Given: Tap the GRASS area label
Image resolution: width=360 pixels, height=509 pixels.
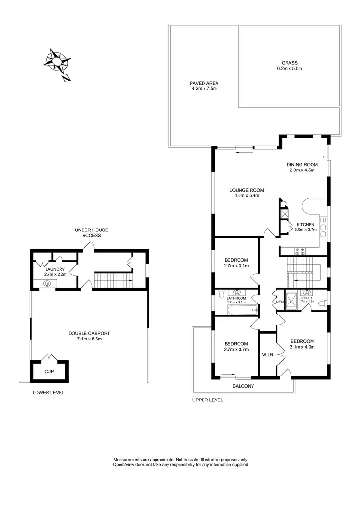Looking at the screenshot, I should click(x=289, y=63).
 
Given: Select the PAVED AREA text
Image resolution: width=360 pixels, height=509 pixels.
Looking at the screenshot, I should click(x=204, y=83).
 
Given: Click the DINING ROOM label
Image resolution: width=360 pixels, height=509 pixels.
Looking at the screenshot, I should click(x=302, y=164).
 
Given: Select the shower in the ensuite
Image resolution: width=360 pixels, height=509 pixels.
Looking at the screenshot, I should click(x=291, y=298).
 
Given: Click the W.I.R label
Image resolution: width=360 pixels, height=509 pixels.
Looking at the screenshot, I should click(x=267, y=355).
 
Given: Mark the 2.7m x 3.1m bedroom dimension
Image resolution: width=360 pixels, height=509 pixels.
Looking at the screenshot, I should click(x=236, y=265).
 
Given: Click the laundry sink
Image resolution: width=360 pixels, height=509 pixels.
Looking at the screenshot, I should click(x=47, y=284).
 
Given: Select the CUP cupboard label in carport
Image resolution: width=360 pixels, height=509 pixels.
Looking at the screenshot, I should click(x=49, y=372).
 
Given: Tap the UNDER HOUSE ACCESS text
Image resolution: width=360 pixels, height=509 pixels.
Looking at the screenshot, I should click(x=91, y=233).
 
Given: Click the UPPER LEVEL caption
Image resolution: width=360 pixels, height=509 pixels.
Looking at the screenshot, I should click(x=207, y=400).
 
